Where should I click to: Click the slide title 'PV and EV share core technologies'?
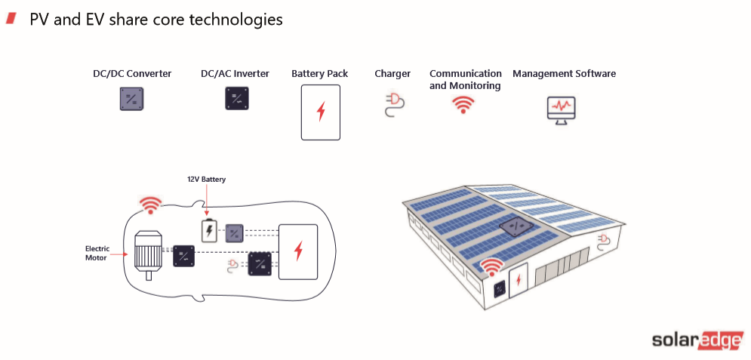[155, 20]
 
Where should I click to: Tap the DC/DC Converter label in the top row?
[131, 74]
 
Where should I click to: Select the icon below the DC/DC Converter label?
[131, 100]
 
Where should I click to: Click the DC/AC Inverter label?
[235, 74]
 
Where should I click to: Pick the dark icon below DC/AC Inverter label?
[235, 100]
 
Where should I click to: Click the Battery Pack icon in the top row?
[320, 112]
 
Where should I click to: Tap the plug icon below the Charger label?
[392, 104]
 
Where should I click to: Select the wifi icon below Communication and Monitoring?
[463, 104]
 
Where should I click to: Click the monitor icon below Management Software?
[562, 109]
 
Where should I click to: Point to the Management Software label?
[564, 74]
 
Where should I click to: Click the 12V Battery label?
[206, 180]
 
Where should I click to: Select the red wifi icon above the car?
[151, 204]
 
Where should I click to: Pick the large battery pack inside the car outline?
[298, 251]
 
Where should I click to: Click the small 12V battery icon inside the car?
[208, 230]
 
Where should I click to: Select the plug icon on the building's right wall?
[605, 241]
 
